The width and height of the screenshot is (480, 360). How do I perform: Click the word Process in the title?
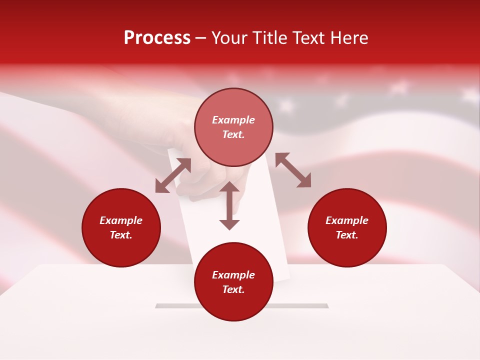point(157,38)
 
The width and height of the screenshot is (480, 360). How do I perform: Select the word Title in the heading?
point(271,38)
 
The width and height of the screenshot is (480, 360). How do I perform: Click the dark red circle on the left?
point(121,227)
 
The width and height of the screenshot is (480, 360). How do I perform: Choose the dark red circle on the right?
point(347,227)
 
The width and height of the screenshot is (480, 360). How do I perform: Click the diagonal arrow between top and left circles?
point(173,175)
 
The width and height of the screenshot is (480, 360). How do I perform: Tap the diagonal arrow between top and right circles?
point(293,170)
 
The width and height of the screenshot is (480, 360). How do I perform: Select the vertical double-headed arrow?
point(229,205)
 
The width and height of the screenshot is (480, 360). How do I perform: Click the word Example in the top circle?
point(233,120)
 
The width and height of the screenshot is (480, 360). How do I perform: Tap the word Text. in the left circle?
point(121,235)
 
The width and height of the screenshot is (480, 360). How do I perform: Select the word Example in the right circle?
point(347,220)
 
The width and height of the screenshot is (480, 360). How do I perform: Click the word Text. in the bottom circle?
point(233,289)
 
